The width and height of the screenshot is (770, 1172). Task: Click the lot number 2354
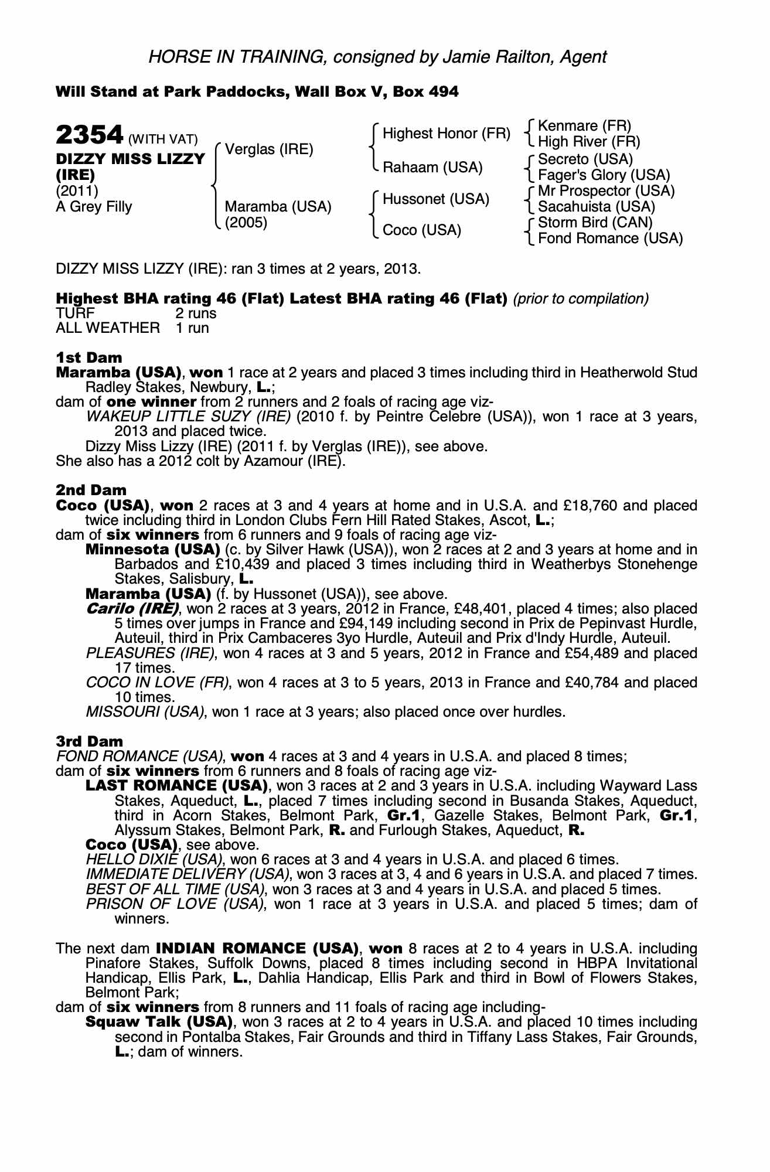(x=88, y=135)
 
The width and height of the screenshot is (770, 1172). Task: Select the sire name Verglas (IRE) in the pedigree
(x=269, y=149)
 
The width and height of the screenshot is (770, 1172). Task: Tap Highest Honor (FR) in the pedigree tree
(x=447, y=134)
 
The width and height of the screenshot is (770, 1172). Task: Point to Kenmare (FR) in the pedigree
(x=584, y=126)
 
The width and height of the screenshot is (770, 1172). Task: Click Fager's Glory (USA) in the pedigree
(x=604, y=175)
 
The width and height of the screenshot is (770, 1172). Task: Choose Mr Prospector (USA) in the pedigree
(x=606, y=191)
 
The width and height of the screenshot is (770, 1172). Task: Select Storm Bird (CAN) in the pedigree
(x=595, y=223)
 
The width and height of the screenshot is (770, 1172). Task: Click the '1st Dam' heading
(x=89, y=357)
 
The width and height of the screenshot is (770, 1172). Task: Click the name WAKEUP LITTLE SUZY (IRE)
(x=188, y=417)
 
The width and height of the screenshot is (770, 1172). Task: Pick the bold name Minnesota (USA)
(x=152, y=550)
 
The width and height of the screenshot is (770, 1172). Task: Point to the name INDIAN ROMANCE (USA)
(x=257, y=948)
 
